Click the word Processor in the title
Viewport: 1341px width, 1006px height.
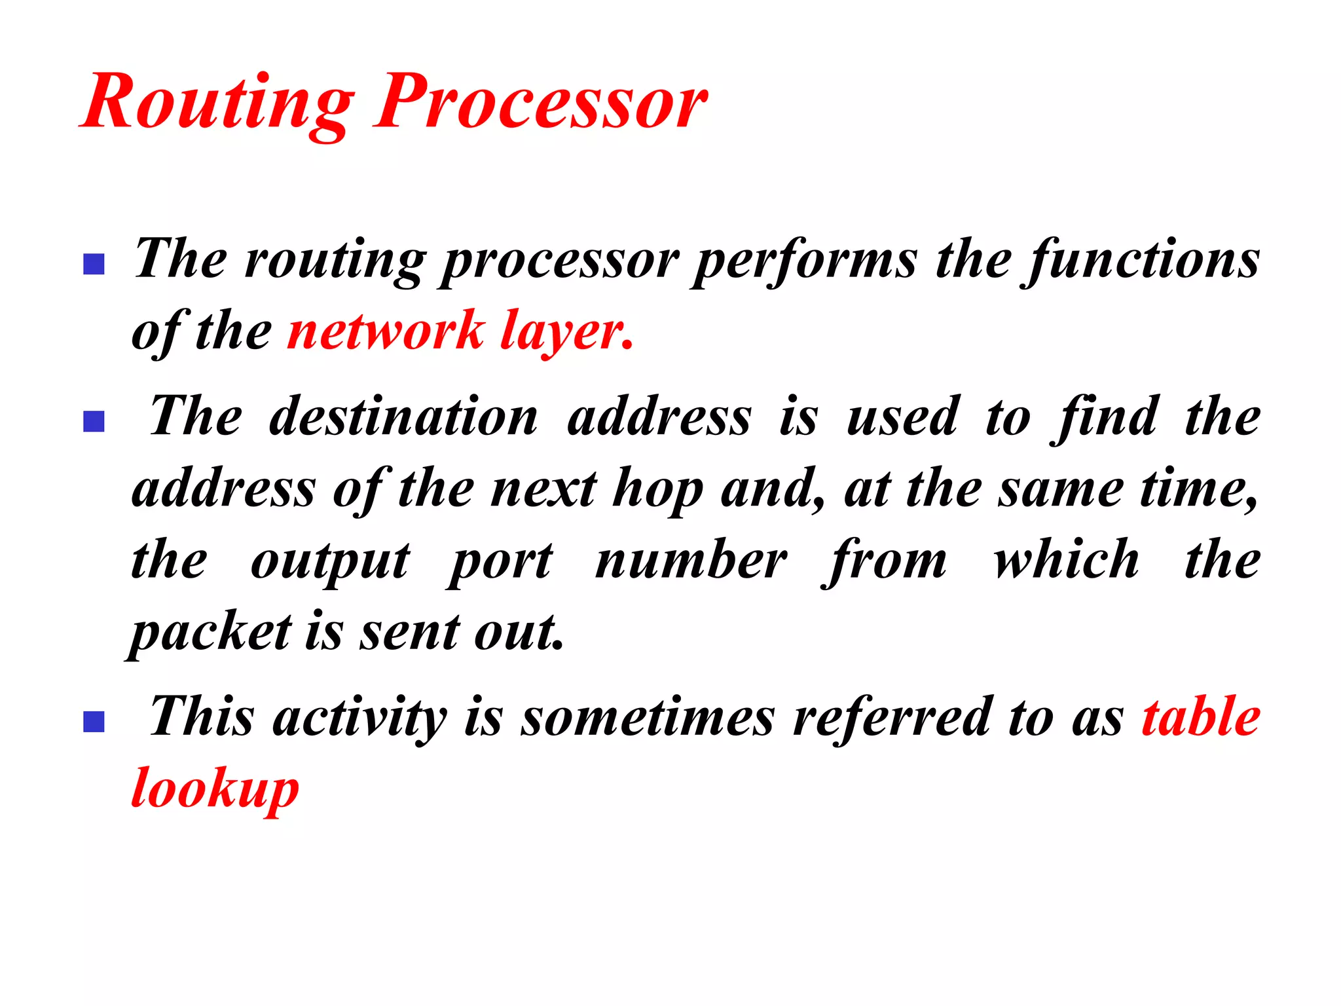pyautogui.click(x=541, y=103)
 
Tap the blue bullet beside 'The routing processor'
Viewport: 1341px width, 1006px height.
pyautogui.click(x=94, y=264)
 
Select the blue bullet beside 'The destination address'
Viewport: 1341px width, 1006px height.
pyautogui.click(x=94, y=421)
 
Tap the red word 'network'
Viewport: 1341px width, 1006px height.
pyautogui.click(x=386, y=332)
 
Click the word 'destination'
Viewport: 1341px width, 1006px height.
pyautogui.click(x=404, y=418)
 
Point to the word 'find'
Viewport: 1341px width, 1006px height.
pyautogui.click(x=1107, y=418)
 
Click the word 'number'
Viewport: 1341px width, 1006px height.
pyautogui.click(x=691, y=561)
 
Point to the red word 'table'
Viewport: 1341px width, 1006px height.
pyautogui.click(x=1201, y=717)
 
